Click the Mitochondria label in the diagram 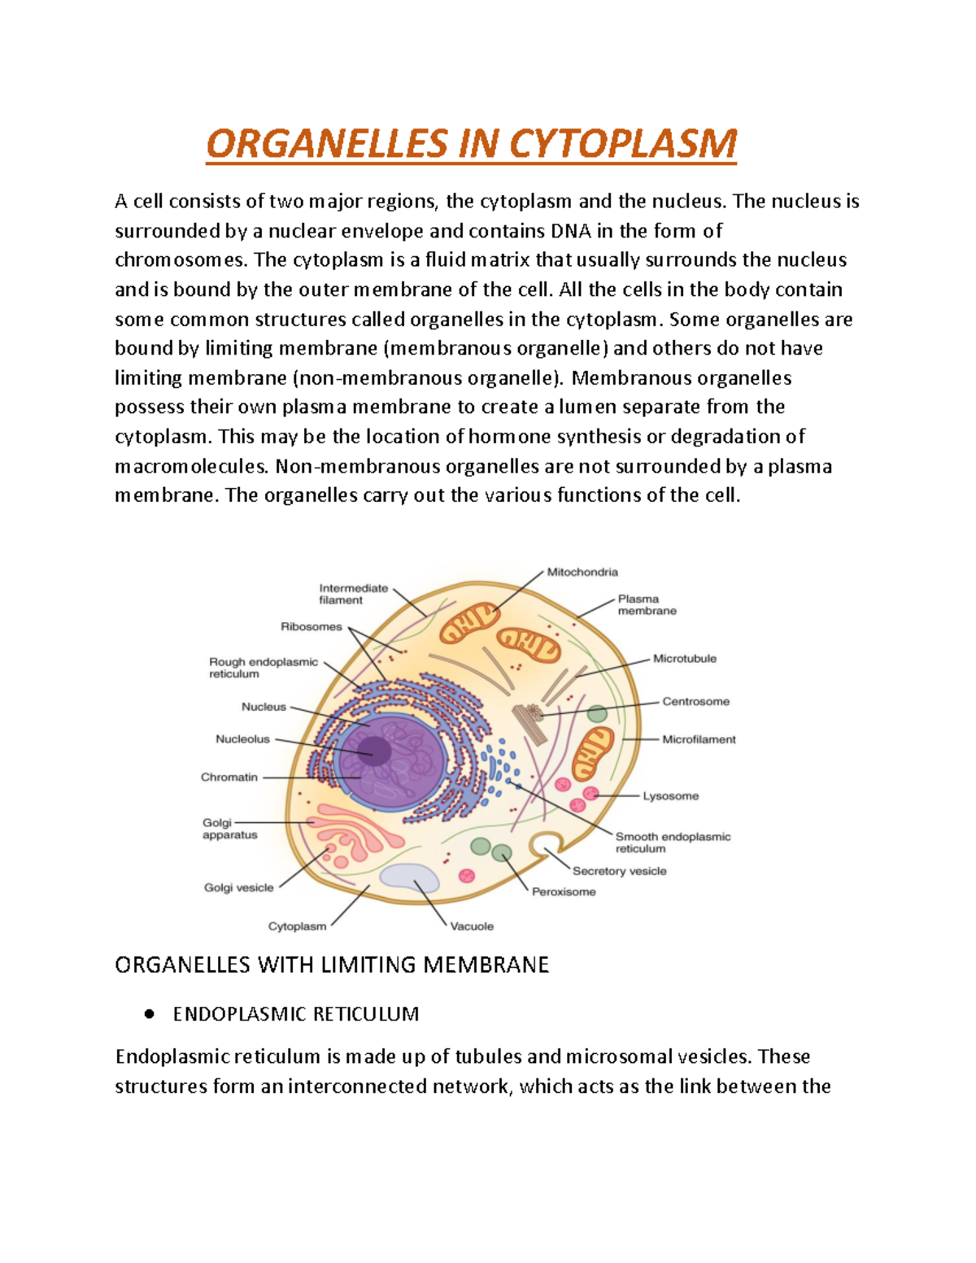coord(582,572)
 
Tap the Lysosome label coord(670,796)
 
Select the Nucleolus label coord(242,739)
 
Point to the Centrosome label coord(695,701)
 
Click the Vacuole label coord(472,926)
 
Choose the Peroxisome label coord(564,891)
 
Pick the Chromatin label coord(229,777)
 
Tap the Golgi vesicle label coord(238,887)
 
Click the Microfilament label coord(699,739)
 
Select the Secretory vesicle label coord(619,871)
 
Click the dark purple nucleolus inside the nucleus coord(375,750)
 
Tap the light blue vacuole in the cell coord(409,878)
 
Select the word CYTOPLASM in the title coord(623,144)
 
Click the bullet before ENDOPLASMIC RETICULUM coord(148,1014)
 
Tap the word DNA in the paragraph coord(571,231)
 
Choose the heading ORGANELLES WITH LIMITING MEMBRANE coord(332,965)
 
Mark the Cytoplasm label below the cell coord(297,926)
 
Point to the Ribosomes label coord(312,626)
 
